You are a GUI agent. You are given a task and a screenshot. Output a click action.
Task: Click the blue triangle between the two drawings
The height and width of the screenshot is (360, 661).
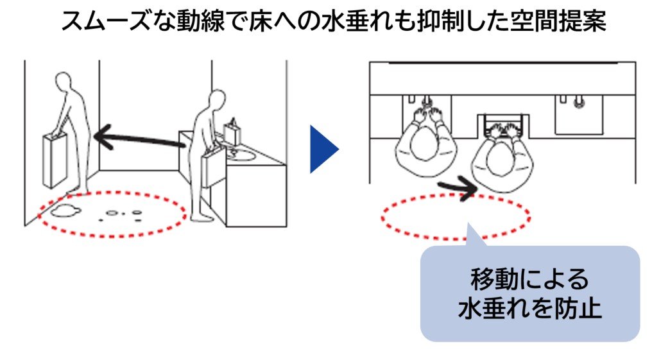click(323, 149)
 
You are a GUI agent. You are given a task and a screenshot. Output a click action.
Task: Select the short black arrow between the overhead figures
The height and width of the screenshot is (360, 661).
click(458, 187)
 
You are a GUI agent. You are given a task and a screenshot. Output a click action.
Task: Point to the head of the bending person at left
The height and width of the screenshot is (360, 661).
click(64, 81)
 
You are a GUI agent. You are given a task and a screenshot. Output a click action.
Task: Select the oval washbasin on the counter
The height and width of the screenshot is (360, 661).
click(241, 157)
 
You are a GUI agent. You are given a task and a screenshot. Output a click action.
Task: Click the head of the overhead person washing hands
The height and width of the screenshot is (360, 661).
click(425, 144)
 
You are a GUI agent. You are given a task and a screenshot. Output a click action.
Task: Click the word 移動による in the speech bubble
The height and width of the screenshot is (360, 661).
click(529, 279)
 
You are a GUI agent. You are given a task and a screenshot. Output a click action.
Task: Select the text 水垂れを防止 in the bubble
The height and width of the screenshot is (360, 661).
click(529, 308)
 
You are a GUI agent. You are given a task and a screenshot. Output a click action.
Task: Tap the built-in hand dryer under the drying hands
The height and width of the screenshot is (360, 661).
click(503, 123)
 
